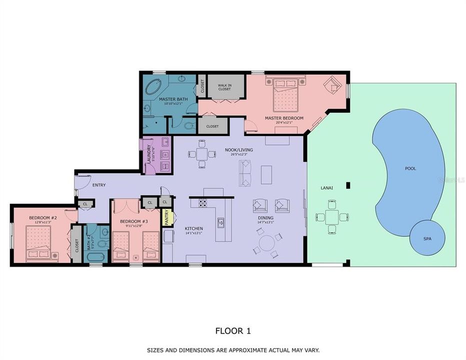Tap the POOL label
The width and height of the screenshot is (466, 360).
click(410, 169)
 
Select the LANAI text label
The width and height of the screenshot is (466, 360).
click(327, 188)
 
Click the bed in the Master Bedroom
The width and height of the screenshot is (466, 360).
click(285, 94)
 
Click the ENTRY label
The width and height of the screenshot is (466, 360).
click(99, 185)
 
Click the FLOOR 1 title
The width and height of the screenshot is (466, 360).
click(232, 330)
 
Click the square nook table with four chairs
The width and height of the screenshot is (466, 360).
click(201, 153)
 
